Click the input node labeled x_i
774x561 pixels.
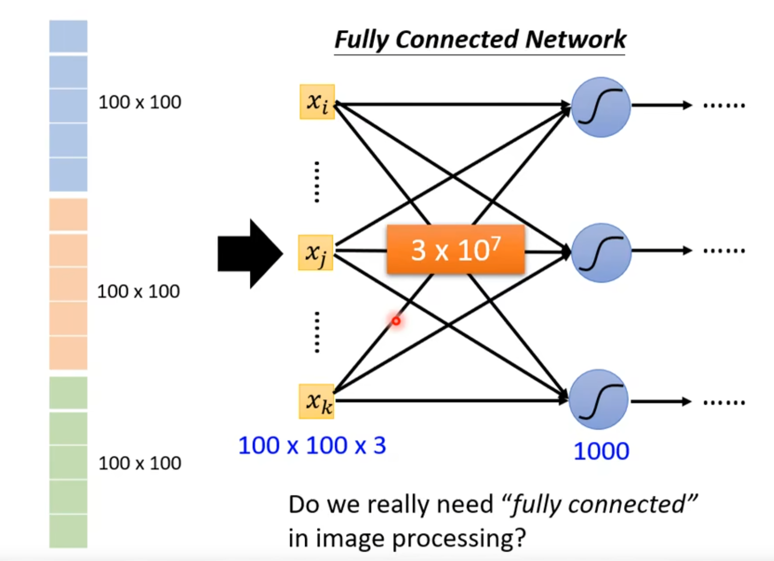(317, 102)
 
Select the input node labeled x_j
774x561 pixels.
(315, 252)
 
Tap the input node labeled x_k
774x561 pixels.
(316, 401)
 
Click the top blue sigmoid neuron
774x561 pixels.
(601, 107)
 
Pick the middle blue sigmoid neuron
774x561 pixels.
(601, 252)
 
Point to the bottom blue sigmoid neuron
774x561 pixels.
(599, 399)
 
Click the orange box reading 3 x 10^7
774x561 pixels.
(456, 249)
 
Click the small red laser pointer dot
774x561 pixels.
(396, 321)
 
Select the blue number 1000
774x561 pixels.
(601, 451)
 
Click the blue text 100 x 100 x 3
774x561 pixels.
(312, 445)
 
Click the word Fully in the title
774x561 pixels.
(361, 40)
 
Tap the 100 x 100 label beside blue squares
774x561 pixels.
(140, 102)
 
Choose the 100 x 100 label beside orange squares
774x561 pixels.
(138, 291)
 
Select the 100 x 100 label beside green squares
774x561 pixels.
(140, 463)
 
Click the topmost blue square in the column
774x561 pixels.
(68, 36)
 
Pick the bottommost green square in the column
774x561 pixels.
(68, 531)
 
